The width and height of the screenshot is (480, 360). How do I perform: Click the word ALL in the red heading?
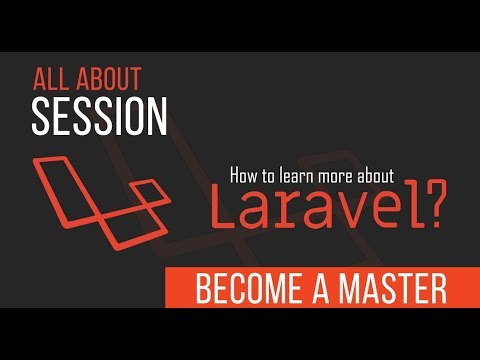click(x=49, y=79)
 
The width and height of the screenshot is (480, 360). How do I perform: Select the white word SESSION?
click(x=99, y=116)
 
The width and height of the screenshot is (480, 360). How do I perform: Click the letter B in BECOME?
click(x=204, y=289)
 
